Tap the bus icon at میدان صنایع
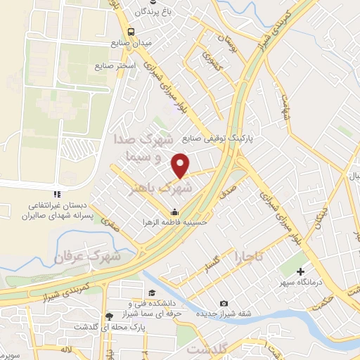coord(131,31)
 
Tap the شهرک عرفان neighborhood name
coord(86,258)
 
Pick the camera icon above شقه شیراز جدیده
coord(224,303)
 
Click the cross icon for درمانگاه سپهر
coord(301,271)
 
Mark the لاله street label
coord(67,348)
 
